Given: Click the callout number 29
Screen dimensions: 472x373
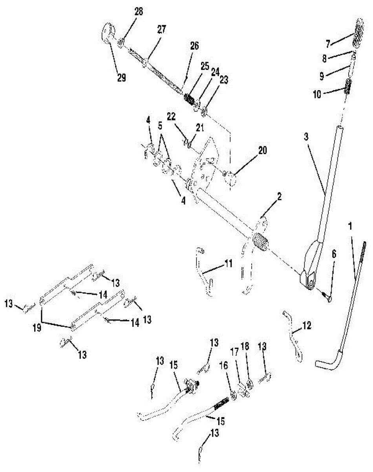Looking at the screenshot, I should coord(121,77).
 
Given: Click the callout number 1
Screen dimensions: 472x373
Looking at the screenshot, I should coord(350,227).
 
